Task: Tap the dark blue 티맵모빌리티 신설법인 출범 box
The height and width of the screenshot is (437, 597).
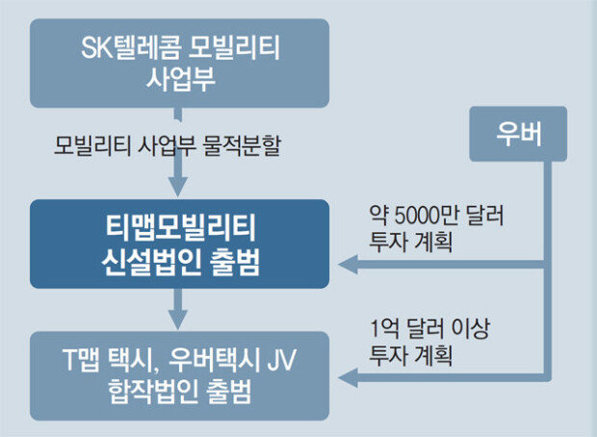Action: pos(179,244)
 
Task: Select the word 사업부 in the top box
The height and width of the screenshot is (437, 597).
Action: pos(179,79)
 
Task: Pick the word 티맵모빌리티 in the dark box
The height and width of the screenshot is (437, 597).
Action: pos(179,228)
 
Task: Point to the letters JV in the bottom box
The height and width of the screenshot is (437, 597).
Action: pos(281,359)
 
